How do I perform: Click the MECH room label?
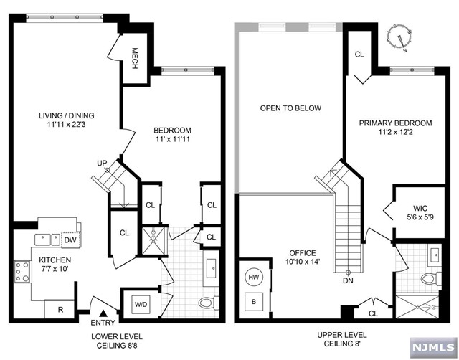coord(135,58)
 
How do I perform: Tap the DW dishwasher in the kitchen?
coord(70,240)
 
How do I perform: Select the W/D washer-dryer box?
coord(141,304)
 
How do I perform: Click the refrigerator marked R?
coord(60,309)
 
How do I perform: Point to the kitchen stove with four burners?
coord(22,272)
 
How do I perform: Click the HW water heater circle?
coord(253,277)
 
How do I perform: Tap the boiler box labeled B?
coord(254,302)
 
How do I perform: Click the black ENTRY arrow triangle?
coord(103,313)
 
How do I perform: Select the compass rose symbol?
coord(399,37)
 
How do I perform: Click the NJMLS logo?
coord(433,347)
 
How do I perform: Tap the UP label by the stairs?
coord(102,163)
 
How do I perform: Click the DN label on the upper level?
coord(348,280)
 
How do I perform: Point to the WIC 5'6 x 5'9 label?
coord(420,213)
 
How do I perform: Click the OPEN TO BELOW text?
coord(290,108)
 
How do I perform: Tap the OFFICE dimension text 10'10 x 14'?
coord(303,261)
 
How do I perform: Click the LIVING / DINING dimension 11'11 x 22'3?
coord(67,125)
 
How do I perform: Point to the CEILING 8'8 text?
coord(117,346)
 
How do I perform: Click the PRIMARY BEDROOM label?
coord(395,123)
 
